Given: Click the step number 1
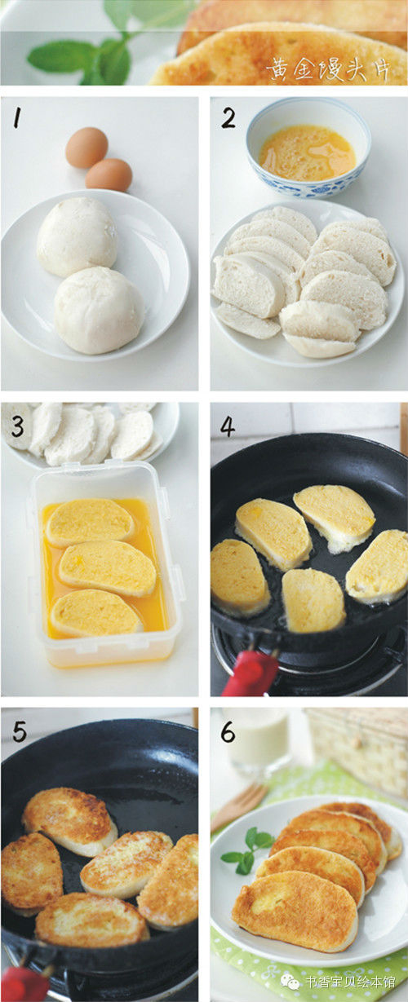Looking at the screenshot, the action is (x=18, y=118).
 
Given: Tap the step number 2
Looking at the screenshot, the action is (x=228, y=118).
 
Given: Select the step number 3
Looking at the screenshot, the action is (x=17, y=426).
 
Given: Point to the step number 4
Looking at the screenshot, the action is (x=227, y=428).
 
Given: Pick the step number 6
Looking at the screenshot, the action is (x=228, y=732).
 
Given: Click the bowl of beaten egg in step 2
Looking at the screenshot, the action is (x=309, y=148).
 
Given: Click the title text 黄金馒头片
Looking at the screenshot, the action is (x=328, y=68).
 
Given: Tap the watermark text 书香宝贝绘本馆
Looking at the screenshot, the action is (x=350, y=982).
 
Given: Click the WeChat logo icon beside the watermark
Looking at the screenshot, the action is (x=290, y=982).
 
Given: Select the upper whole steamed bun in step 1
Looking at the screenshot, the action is (x=77, y=236).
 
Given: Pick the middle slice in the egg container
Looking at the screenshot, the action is (x=108, y=568).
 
